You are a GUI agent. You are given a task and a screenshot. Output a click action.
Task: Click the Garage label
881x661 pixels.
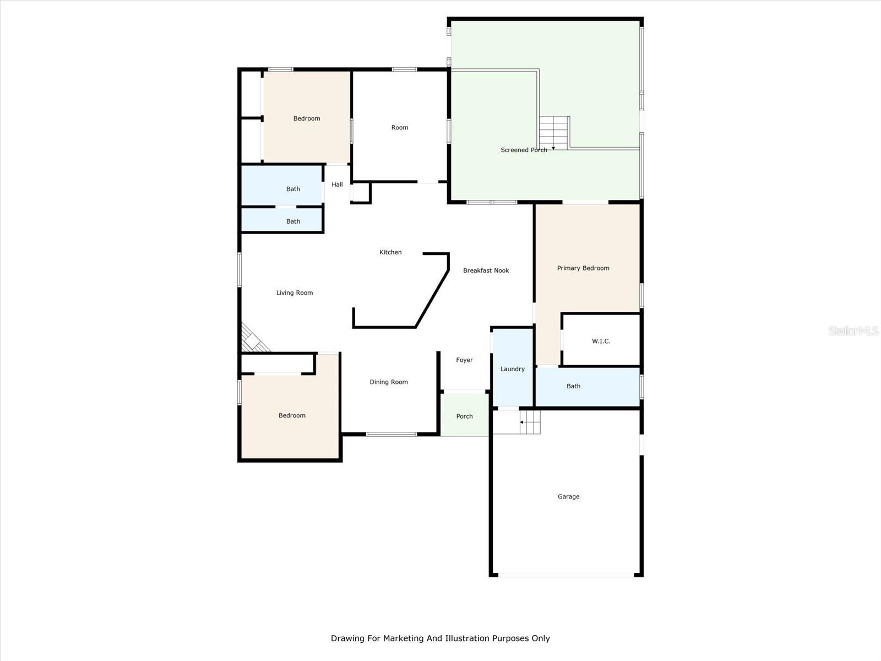568,496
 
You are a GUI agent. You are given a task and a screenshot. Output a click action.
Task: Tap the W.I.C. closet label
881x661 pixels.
601,341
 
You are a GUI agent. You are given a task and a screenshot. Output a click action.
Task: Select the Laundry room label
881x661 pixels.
512,369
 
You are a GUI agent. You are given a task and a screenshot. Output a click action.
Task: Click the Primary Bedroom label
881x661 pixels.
583,268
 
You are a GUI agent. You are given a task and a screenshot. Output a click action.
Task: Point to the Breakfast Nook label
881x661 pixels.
486,270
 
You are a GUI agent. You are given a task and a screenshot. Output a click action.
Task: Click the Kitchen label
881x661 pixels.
390,252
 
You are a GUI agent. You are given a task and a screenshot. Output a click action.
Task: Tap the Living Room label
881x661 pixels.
295,293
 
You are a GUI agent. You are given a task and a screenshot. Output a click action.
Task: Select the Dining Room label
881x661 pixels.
389,382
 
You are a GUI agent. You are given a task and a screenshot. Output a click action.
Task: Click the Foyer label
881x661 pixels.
464,360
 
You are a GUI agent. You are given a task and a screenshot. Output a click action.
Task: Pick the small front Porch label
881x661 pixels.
464,416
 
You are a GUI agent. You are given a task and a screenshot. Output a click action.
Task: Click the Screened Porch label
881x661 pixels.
524,150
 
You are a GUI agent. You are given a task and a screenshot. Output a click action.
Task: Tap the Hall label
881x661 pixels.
337,185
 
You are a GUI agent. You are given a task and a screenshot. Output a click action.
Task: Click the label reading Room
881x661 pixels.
400,127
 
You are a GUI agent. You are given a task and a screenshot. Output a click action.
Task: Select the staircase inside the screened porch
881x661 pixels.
553,133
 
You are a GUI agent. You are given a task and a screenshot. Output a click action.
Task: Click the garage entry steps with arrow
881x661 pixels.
530,422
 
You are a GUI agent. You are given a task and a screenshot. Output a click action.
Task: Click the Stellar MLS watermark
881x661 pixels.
853,330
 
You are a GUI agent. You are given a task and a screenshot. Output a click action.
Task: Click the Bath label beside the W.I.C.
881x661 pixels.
573,386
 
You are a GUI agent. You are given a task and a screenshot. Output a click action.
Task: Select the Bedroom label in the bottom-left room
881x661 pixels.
292,415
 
